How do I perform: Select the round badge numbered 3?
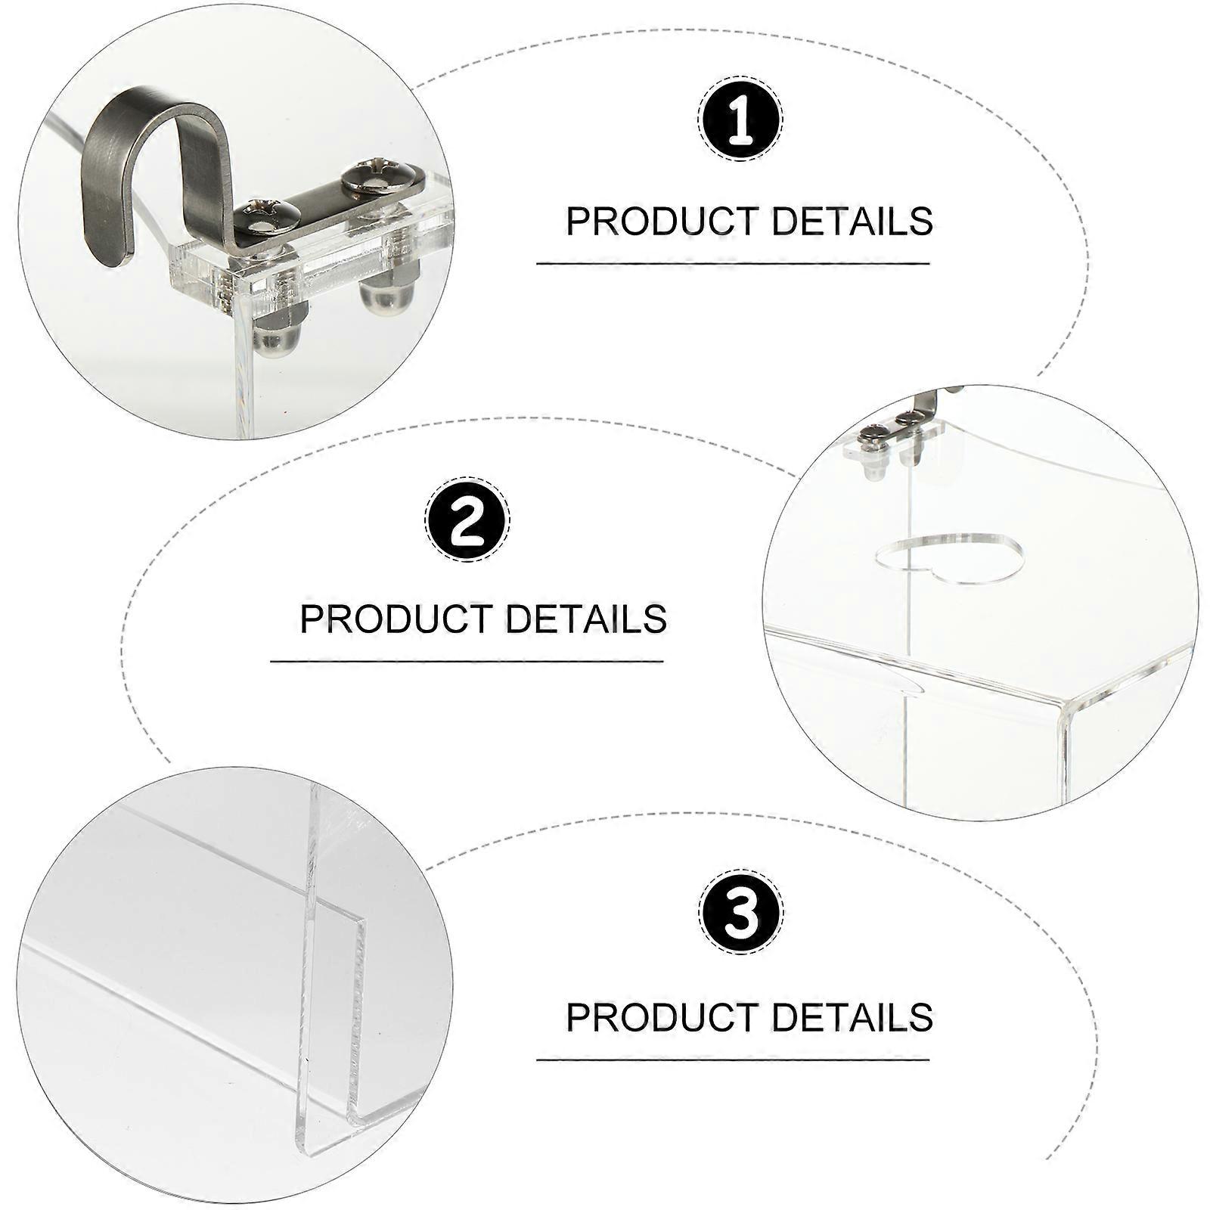point(740,913)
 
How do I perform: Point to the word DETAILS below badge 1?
point(852,221)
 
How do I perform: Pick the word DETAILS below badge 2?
point(586,618)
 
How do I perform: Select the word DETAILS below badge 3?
point(852,1016)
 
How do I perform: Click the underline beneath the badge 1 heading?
point(733,263)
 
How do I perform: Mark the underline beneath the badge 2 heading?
point(467,661)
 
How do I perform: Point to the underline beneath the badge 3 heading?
point(733,1060)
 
